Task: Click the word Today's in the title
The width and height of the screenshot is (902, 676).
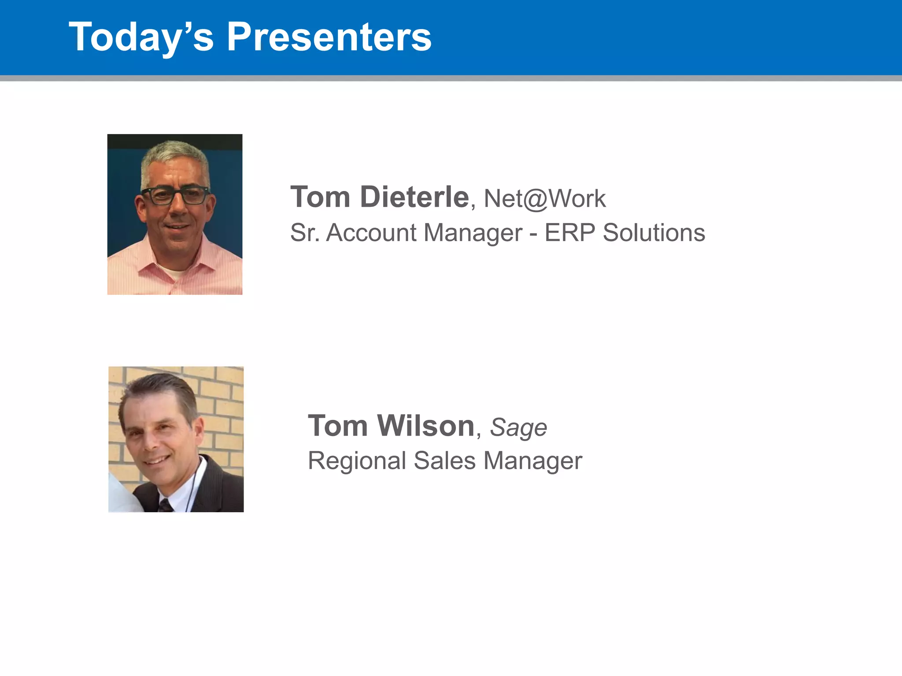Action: [x=141, y=37]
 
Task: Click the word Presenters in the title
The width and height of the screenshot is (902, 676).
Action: [x=329, y=37]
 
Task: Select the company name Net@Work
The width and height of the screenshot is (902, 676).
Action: [x=544, y=198]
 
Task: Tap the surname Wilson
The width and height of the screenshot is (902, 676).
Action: [x=426, y=426]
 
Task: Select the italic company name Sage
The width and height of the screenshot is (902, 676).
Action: [x=518, y=427]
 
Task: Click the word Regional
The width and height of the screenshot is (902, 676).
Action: [x=357, y=461]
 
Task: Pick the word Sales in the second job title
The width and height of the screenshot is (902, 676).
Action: [x=445, y=461]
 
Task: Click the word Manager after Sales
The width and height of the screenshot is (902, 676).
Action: [x=533, y=461]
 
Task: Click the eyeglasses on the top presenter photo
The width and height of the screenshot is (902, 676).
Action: [x=175, y=195]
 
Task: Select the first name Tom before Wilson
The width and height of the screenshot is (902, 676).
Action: [x=338, y=426]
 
